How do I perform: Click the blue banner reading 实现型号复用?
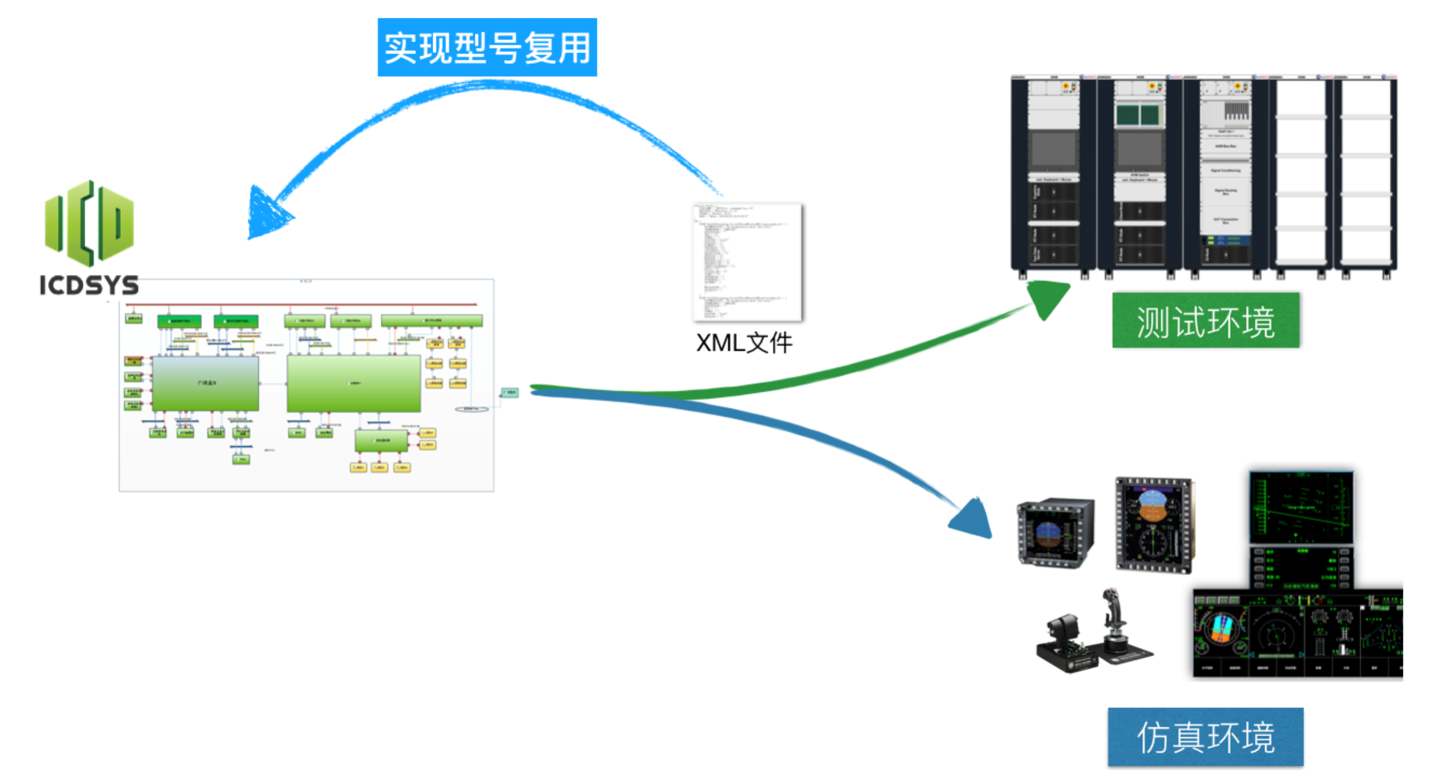487,47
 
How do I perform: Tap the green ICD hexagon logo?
89,223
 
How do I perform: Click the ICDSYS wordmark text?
89,285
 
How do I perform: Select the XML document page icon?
748,262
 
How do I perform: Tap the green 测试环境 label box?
1205,321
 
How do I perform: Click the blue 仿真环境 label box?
1205,737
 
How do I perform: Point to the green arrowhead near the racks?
1048,298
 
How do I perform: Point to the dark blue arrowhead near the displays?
973,519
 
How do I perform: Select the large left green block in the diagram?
206,383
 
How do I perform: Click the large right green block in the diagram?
354,383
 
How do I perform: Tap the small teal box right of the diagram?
509,392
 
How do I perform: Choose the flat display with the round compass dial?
1154,524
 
